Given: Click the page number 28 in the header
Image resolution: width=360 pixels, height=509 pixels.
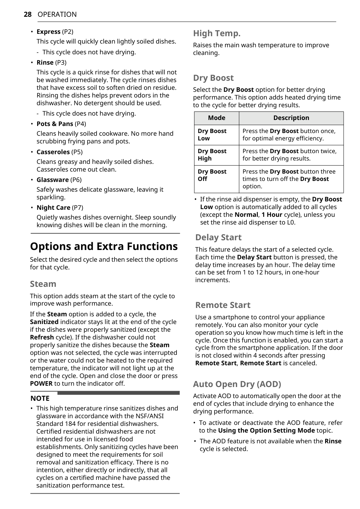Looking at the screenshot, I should [27, 14].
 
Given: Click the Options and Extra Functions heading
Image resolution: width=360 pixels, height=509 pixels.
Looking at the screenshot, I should [104, 246].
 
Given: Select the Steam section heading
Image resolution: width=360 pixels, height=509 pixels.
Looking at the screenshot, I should [43, 284].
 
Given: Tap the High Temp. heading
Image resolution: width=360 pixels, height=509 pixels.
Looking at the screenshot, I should [217, 34].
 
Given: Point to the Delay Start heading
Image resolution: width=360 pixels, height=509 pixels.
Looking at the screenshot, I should [218, 238].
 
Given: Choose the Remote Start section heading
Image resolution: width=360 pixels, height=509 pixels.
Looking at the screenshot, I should [223, 305].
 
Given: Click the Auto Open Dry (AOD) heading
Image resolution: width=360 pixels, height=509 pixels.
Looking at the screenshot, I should [237, 384].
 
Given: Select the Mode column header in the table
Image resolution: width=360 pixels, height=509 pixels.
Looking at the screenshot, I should [216, 118].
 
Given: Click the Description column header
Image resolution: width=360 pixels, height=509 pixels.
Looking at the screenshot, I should [291, 118].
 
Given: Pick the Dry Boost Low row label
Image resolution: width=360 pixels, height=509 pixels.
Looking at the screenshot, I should [212, 135].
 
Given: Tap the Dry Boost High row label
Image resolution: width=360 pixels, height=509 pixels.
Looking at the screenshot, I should [212, 155].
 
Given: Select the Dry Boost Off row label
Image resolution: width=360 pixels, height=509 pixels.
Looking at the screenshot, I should [212, 175].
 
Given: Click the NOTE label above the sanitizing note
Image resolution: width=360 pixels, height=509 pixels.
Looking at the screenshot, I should [40, 398].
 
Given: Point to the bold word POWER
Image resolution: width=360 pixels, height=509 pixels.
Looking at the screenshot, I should [41, 384].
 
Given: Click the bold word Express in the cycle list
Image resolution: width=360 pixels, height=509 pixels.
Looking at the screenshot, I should [49, 32].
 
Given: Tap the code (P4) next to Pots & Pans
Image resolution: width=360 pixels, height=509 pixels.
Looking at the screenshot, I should [80, 124].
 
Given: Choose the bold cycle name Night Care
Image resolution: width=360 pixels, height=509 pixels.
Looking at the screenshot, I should [53, 208].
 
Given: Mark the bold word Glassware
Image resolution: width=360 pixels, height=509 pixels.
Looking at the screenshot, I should [53, 180].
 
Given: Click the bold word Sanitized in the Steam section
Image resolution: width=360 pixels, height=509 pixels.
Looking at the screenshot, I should [44, 322].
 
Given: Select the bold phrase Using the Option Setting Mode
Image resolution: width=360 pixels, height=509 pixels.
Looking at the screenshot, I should [266, 431].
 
